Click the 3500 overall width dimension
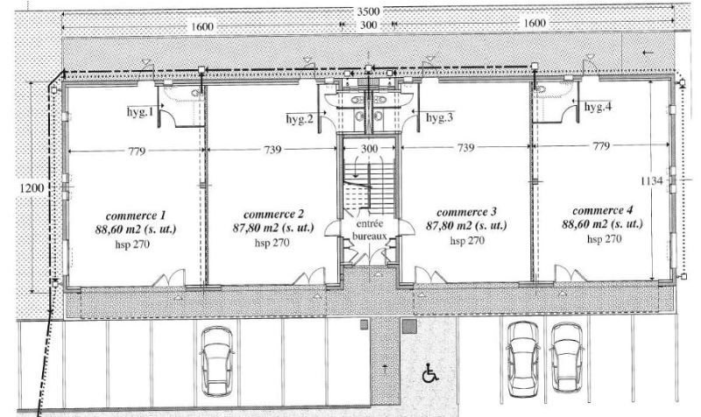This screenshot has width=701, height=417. coord(368,11)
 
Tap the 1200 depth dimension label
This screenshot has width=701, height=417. coord(32,188)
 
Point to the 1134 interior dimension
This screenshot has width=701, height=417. coord(652,181)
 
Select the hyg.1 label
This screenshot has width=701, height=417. coord(140,112)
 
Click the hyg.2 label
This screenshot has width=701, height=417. coord(300,119)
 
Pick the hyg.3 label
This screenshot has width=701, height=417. coord(440,117)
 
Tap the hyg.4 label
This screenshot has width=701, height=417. coord(598,107)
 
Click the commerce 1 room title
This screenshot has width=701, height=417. coord(136,216)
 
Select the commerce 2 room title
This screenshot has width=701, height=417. coord(273,215)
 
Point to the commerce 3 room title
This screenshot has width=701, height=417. coord(466,212)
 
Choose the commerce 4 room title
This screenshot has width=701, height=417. coord(603,210)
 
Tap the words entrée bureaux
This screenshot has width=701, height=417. coord(369,230)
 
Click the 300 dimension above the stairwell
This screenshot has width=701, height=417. coord(369,148)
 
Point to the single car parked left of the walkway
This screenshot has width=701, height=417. coord(216,361)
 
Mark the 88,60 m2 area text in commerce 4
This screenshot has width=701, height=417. coord(603,223)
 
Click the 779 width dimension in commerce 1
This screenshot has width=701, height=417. coord(137,151)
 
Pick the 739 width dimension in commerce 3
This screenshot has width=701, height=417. coord(466,147)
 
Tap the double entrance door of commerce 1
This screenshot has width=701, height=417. coord(169,277)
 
